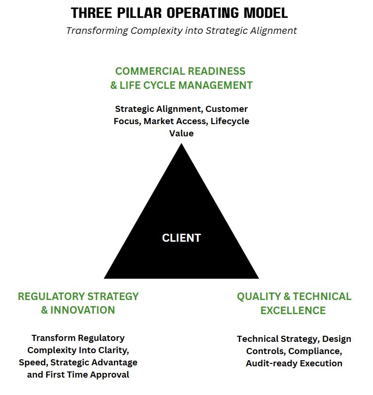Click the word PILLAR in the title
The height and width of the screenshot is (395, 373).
[x=135, y=13]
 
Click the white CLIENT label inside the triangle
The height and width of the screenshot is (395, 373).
[x=181, y=238]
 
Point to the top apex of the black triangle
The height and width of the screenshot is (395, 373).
[x=181, y=144]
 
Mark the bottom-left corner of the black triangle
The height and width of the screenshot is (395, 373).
[x=105, y=278]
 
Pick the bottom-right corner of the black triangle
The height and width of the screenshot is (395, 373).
[x=258, y=278]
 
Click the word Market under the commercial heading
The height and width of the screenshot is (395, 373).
[x=159, y=121]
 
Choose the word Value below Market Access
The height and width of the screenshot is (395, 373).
[x=181, y=133]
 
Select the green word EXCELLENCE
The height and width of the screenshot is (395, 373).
[x=293, y=310]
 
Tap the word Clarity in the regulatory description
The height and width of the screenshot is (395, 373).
[x=112, y=350]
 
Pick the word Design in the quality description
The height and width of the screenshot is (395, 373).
[x=336, y=339]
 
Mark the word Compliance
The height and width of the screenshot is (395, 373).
[x=315, y=351]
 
